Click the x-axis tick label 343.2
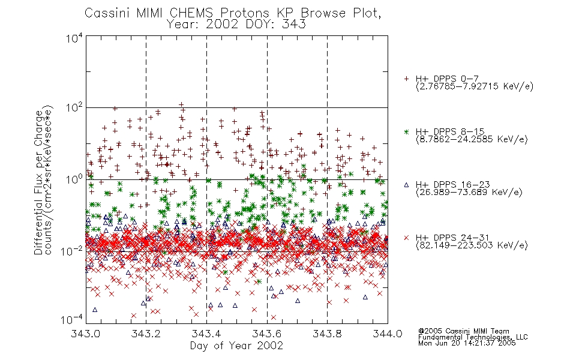coord(146,334)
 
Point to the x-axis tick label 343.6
coord(267,334)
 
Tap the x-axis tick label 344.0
coord(388,334)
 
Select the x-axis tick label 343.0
coord(85,334)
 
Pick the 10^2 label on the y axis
coord(74,108)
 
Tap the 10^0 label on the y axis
coord(74,179)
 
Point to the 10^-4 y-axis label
coord(72,320)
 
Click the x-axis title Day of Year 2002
coord(236,346)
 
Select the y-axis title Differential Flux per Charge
coord(38,182)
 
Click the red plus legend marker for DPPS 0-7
coord(406,79)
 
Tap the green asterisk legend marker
coord(406,131)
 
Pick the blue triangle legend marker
coord(406,185)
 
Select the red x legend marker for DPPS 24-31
coord(406,238)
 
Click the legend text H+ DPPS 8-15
coord(450,131)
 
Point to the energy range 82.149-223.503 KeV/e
coord(472,245)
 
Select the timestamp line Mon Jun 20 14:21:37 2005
coord(467,343)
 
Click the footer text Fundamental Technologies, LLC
coord(473,337)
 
